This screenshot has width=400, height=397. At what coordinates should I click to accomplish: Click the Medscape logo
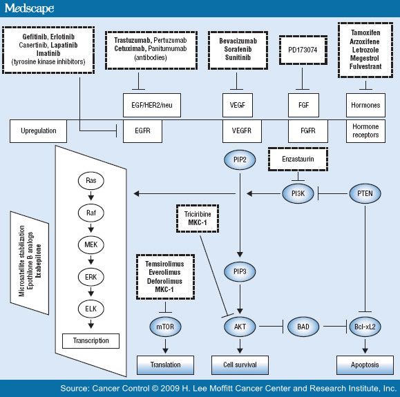pyautogui.click(x=29, y=8)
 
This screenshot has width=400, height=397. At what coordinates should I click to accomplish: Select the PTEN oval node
pyautogui.click(x=365, y=193)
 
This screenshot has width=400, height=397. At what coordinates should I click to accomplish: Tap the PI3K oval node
pyautogui.click(x=298, y=193)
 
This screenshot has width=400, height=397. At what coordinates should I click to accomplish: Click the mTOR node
pyautogui.click(x=165, y=327)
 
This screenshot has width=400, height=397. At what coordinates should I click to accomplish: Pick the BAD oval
pyautogui.click(x=303, y=327)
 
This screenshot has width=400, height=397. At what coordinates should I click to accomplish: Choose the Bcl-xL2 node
pyautogui.click(x=365, y=327)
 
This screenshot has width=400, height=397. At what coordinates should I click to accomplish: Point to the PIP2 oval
pyautogui.click(x=240, y=160)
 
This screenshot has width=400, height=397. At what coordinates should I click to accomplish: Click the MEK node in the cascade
pyautogui.click(x=91, y=245)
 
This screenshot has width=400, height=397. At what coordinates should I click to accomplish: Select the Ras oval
pyautogui.click(x=91, y=180)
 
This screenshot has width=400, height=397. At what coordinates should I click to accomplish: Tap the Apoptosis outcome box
pyautogui.click(x=365, y=365)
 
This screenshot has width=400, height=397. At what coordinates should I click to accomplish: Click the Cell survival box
pyautogui.click(x=240, y=365)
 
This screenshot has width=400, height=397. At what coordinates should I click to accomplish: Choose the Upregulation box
pyautogui.click(x=38, y=131)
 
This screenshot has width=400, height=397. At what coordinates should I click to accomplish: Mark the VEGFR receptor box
pyautogui.click(x=242, y=131)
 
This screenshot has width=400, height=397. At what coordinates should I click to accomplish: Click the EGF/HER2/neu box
pyautogui.click(x=152, y=105)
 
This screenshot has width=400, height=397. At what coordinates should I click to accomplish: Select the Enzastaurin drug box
pyautogui.click(x=298, y=159)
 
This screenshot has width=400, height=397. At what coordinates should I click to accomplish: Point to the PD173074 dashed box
pyautogui.click(x=303, y=50)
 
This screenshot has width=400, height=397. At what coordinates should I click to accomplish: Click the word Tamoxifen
pyautogui.click(x=365, y=33)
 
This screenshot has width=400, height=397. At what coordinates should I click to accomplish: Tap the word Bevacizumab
pyautogui.click(x=238, y=41)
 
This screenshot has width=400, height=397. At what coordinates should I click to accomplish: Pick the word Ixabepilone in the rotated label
pyautogui.click(x=39, y=261)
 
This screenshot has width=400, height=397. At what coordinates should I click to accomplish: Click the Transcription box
pyautogui.click(x=91, y=341)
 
